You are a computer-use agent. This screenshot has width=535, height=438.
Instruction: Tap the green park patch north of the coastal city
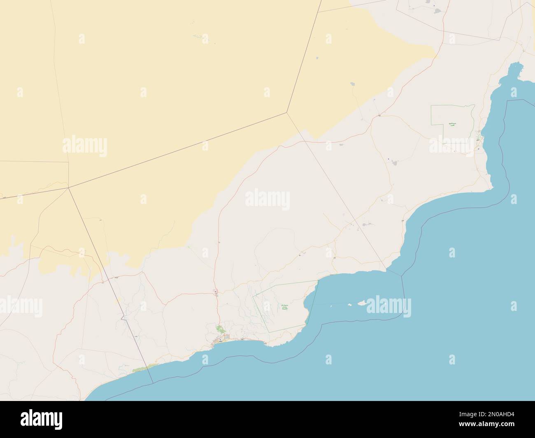[x=220, y=329]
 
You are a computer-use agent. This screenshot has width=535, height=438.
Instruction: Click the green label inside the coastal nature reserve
[x=284, y=307]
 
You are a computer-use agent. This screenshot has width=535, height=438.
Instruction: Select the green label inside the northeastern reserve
[x=452, y=124]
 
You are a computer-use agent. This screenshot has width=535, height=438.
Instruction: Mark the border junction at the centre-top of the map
[x=287, y=111]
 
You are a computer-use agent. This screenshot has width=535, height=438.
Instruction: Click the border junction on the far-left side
[x=68, y=188]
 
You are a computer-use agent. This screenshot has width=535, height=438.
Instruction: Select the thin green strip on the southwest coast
[x=142, y=368]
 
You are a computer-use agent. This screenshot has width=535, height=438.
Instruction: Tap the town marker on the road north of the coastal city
[x=216, y=292]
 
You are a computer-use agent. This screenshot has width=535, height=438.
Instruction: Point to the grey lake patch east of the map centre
[x=394, y=163]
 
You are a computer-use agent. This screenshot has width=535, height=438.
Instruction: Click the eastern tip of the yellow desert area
[x=435, y=53]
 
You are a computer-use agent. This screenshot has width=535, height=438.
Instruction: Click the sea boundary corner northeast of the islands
[x=402, y=275]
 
